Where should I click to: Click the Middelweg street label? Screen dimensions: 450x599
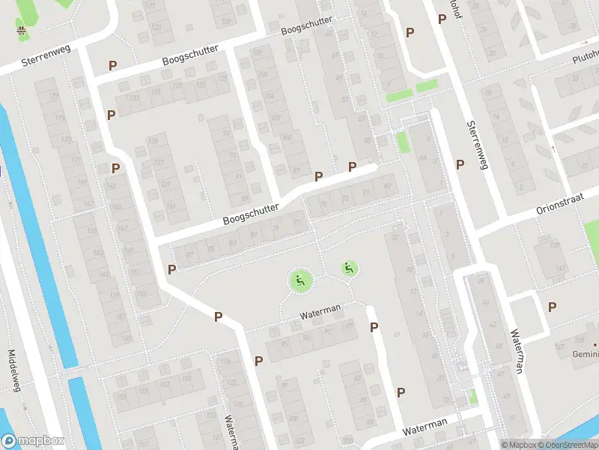(x=13, y=371)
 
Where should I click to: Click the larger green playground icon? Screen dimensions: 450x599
(x=300, y=281)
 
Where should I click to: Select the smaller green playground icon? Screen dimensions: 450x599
(x=349, y=268)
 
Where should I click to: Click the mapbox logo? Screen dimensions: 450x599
(x=33, y=441)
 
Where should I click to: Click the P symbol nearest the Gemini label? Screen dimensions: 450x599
(x=552, y=306)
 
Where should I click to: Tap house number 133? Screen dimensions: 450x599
(x=135, y=98)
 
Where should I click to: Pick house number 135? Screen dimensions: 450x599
(x=153, y=140)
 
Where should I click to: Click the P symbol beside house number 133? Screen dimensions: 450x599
(x=112, y=115)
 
